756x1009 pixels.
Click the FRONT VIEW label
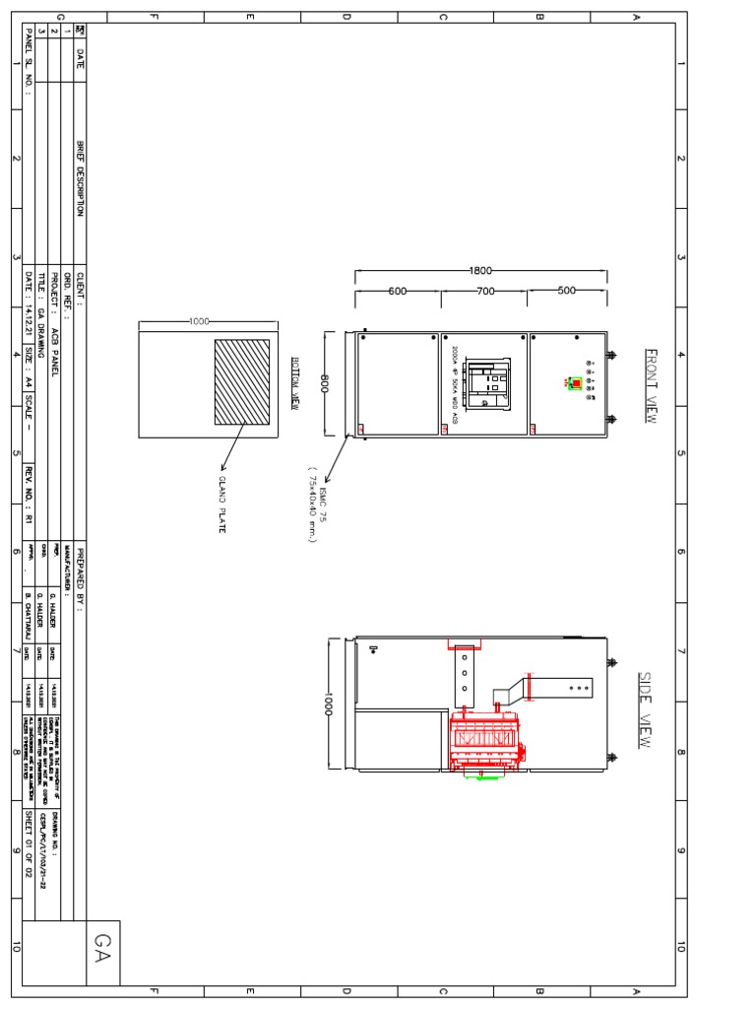click(x=649, y=385)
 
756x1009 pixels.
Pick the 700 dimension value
click(x=485, y=292)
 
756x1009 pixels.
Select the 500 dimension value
click(x=567, y=291)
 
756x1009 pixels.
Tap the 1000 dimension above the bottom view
click(x=200, y=321)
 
